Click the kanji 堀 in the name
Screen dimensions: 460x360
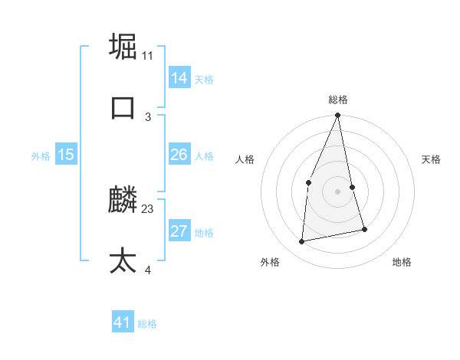[123, 46]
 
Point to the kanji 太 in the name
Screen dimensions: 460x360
[123, 261]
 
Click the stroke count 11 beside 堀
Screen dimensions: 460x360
[148, 55]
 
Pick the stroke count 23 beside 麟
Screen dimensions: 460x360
[148, 208]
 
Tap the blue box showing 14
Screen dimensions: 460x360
[179, 77]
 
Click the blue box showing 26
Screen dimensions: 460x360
[179, 155]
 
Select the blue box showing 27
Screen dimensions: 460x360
[179, 231]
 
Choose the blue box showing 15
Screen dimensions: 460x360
[65, 155]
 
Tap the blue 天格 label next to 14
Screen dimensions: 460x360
[204, 79]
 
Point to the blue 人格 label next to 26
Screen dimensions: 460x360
[204, 156]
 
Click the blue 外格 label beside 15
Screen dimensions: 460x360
[41, 156]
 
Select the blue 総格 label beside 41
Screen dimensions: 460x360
[147, 324]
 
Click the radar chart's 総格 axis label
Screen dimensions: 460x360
[338, 100]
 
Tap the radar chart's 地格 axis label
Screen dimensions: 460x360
[402, 262]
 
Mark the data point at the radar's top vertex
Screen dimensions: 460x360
[337, 116]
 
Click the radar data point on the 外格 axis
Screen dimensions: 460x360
[302, 241]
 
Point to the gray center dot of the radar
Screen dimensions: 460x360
[337, 191]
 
